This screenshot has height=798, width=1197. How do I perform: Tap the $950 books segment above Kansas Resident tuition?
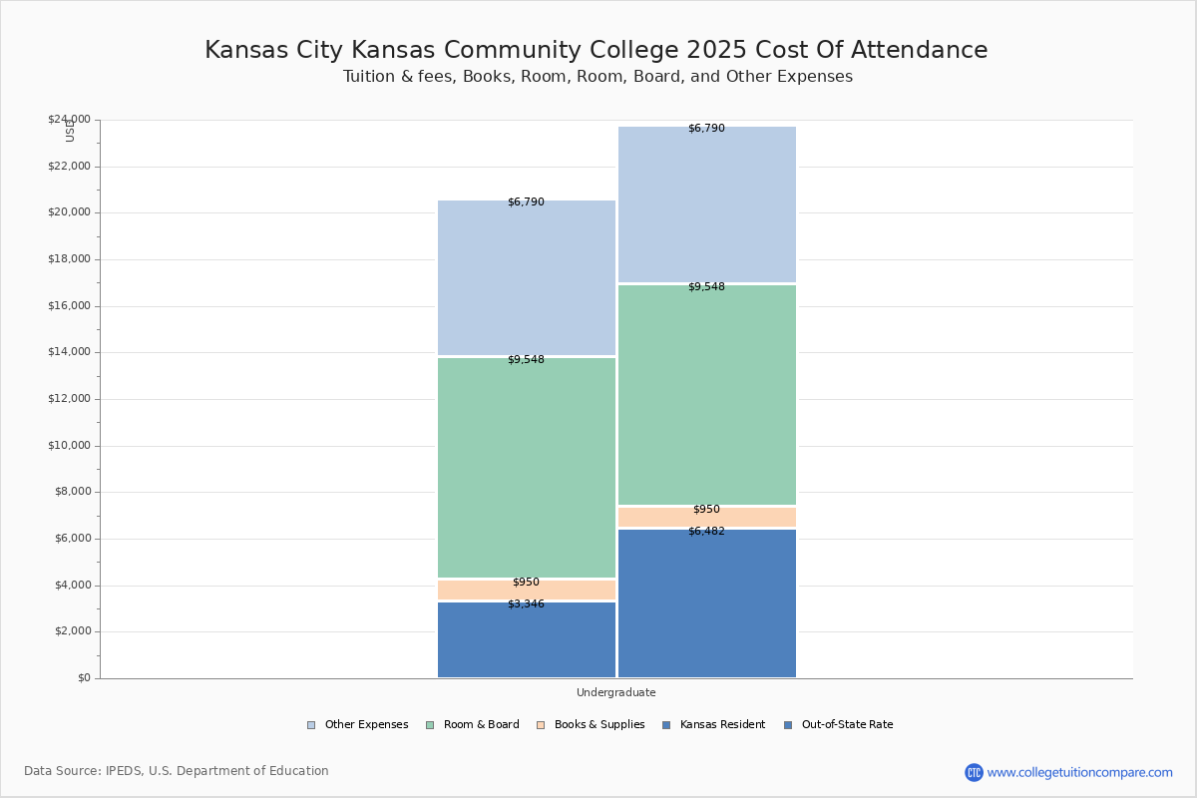[x=527, y=591]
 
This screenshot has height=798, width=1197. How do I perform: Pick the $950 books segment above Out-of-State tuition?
[x=706, y=518]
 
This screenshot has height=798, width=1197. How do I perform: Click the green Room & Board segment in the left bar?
[x=527, y=469]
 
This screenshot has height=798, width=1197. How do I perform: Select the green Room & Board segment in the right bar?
[x=706, y=396]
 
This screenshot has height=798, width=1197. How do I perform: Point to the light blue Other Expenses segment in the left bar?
[x=527, y=279]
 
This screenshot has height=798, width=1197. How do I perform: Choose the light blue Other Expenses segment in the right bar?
[x=706, y=205]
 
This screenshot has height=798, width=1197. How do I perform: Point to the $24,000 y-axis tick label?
[x=69, y=120]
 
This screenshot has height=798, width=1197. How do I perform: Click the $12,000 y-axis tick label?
[x=69, y=399]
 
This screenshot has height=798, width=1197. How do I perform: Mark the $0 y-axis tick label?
[x=83, y=678]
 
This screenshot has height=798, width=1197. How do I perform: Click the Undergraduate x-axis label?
[x=615, y=692]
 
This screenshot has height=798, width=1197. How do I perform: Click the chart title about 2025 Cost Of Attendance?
[x=597, y=51]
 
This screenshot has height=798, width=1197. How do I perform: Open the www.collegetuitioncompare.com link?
[x=1079, y=772]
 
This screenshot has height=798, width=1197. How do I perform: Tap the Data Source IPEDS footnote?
[x=177, y=771]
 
